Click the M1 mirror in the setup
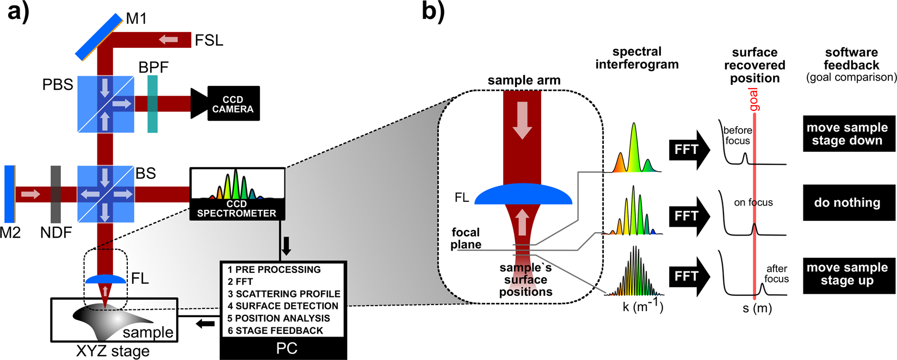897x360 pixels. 99,37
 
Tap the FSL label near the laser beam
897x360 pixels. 209,40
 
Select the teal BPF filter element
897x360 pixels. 153,104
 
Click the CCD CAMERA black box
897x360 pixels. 232,104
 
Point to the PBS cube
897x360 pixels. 106,104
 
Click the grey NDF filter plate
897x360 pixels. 55,194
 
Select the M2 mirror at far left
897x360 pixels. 10,194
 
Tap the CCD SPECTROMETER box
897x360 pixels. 237,194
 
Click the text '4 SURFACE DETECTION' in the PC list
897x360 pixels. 283,306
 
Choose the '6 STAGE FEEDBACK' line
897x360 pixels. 275,331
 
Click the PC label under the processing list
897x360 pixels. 286,349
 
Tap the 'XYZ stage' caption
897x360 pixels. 113,351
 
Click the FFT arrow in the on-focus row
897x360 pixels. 689,216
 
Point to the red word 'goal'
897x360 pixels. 754,100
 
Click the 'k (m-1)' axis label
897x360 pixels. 642,306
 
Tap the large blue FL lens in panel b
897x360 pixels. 523,195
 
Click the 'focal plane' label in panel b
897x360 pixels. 466,238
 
